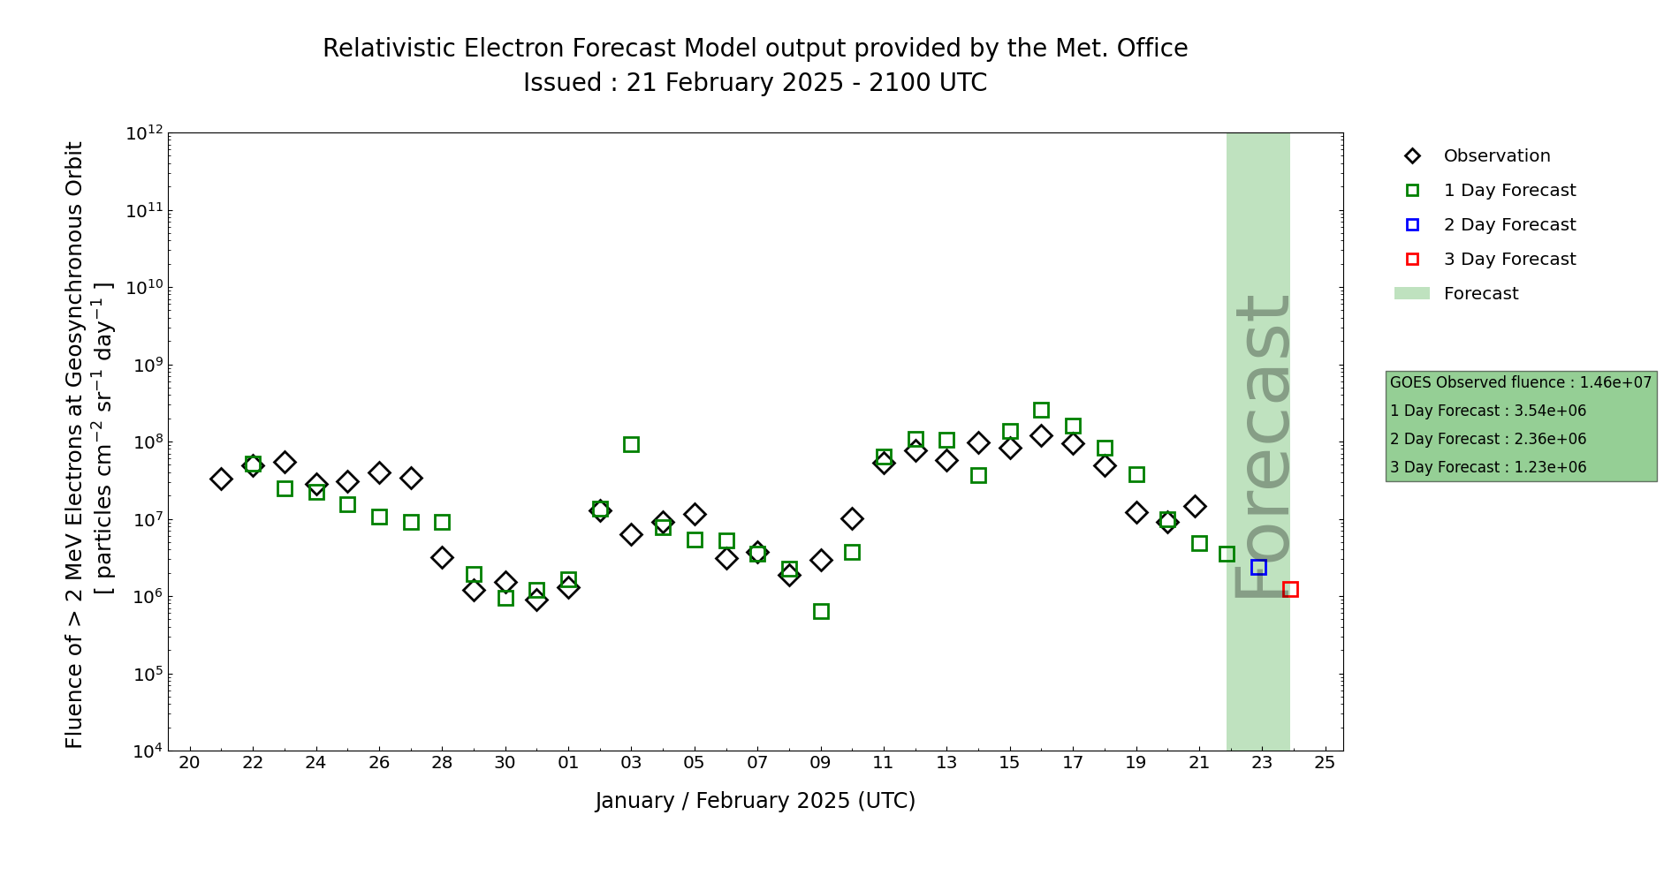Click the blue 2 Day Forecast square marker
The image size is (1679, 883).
pos(1258,567)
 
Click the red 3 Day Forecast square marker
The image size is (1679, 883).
pos(1290,589)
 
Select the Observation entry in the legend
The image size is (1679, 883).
pos(1496,156)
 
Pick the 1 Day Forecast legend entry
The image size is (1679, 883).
pos(1509,191)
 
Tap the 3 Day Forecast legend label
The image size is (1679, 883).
pos(1509,260)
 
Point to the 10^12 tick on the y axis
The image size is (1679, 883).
pos(145,133)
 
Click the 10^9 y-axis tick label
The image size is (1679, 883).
pos(145,365)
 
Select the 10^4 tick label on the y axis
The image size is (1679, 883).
pos(145,751)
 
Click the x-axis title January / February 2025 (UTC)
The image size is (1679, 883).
pos(755,801)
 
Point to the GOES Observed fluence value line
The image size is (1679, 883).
pos(1520,382)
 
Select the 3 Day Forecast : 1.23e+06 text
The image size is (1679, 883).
pos(1488,467)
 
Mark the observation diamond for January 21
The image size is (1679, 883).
pos(221,479)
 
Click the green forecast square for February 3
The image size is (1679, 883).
pos(631,444)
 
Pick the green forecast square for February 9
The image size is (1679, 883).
pos(821,611)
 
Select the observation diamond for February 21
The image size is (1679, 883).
pos(1195,506)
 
